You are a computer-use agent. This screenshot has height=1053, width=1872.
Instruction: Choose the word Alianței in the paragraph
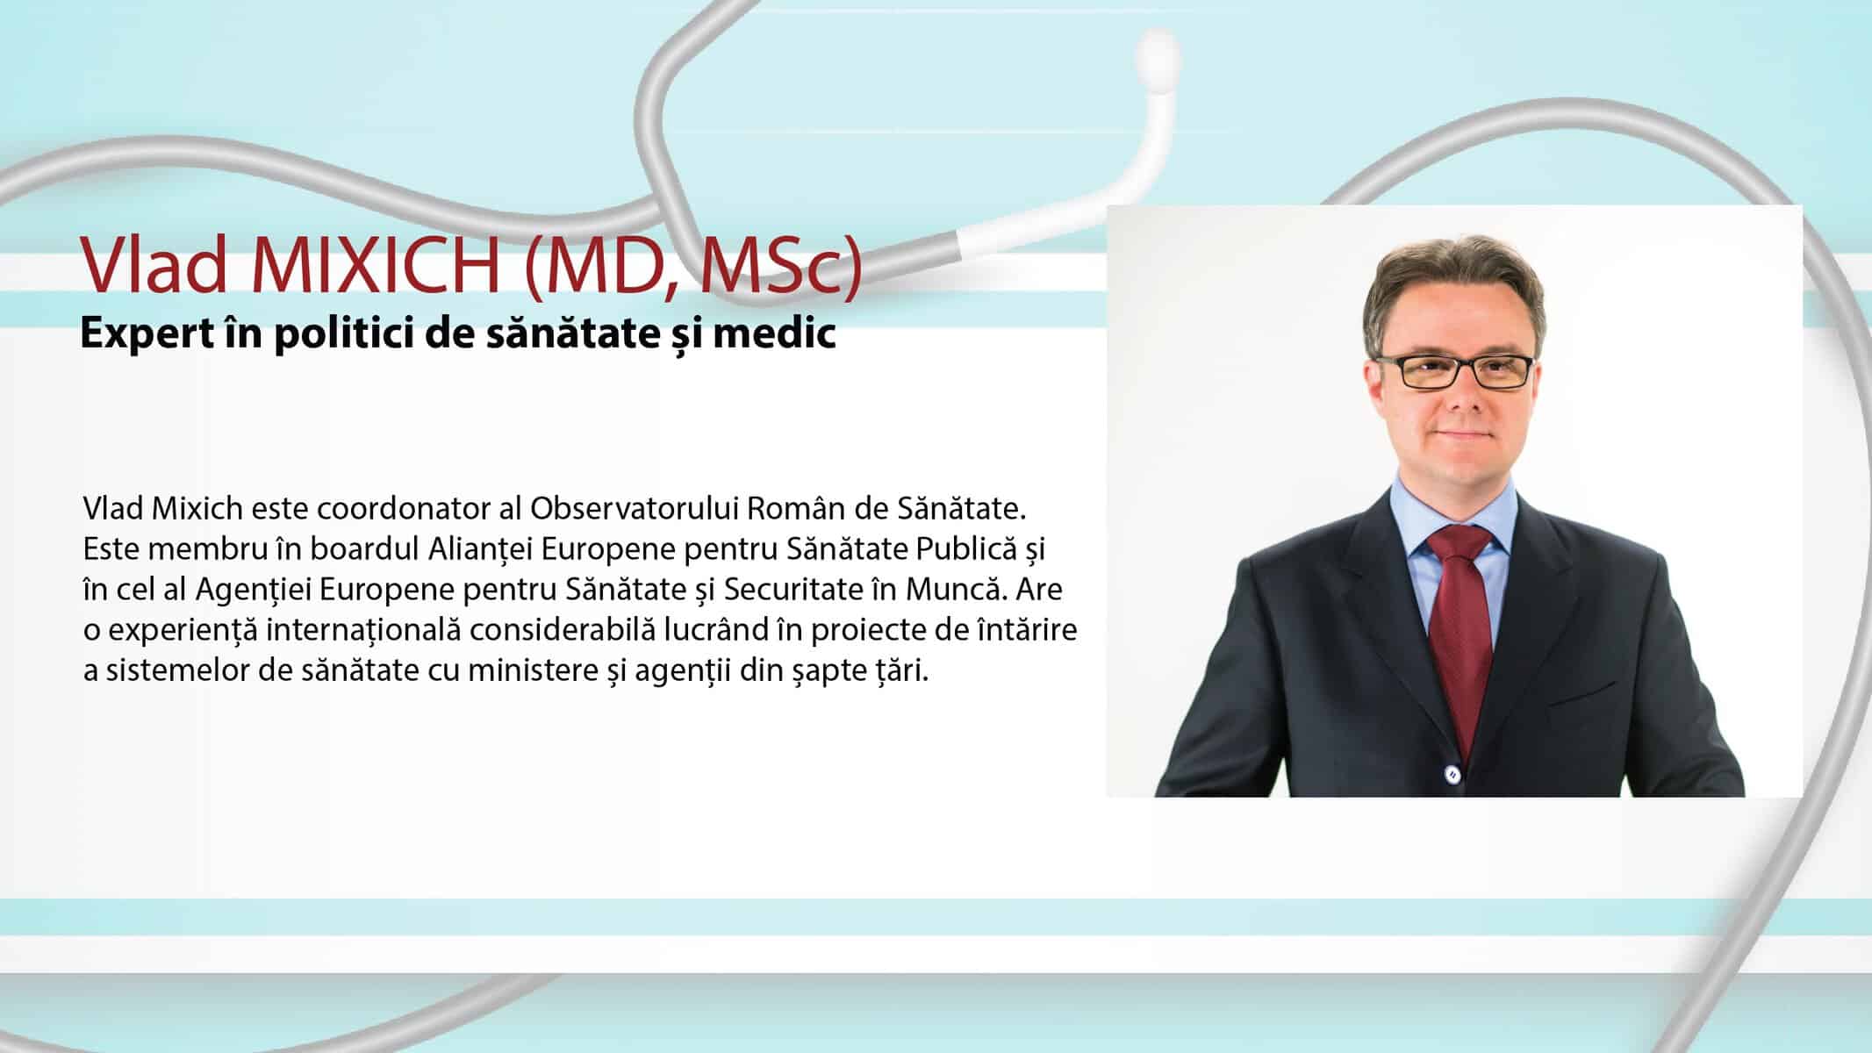point(480,549)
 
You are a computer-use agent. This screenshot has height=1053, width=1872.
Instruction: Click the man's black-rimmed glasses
point(1455,371)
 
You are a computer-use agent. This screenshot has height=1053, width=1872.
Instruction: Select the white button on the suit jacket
point(1452,774)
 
